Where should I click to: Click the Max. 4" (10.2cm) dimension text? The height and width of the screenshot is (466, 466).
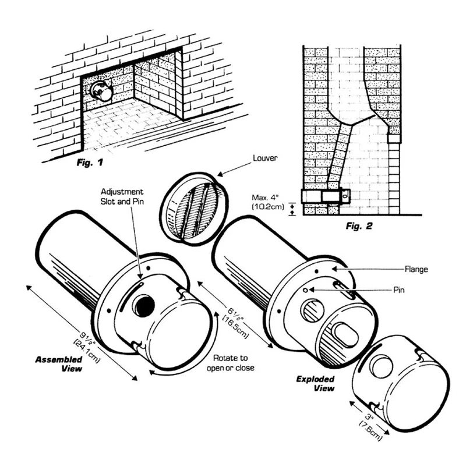pos(264,202)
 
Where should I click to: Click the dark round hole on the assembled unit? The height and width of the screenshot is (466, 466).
pos(142,306)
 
